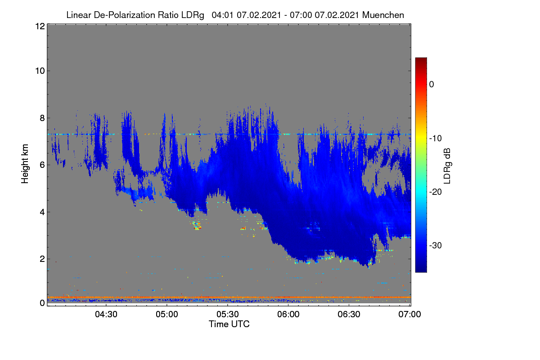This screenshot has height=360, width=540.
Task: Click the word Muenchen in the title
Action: click(x=383, y=15)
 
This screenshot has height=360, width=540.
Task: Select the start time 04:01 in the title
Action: click(x=222, y=15)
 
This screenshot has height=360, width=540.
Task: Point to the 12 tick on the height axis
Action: click(x=40, y=26)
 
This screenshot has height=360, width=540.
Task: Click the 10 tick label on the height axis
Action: click(x=40, y=71)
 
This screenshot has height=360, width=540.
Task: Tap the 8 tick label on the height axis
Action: click(x=42, y=118)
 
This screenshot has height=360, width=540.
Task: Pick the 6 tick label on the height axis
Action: click(x=42, y=165)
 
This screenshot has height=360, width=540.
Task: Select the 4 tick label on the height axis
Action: click(x=42, y=212)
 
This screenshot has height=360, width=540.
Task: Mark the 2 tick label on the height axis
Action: click(x=42, y=259)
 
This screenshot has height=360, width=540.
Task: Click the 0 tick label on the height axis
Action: click(x=42, y=303)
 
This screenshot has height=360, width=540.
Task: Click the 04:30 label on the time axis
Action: click(x=106, y=315)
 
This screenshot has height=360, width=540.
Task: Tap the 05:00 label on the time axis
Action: click(x=167, y=315)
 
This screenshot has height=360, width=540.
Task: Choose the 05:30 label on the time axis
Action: click(x=228, y=315)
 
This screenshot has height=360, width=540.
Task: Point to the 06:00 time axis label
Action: click(x=288, y=315)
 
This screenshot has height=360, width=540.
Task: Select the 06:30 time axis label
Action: click(x=349, y=315)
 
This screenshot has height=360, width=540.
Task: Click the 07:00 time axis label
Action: click(x=409, y=315)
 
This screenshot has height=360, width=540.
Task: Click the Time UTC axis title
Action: click(x=229, y=324)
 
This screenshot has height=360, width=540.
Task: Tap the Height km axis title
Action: click(x=25, y=164)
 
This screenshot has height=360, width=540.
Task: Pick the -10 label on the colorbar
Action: click(x=436, y=139)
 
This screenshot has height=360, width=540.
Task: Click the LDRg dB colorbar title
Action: click(x=447, y=166)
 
